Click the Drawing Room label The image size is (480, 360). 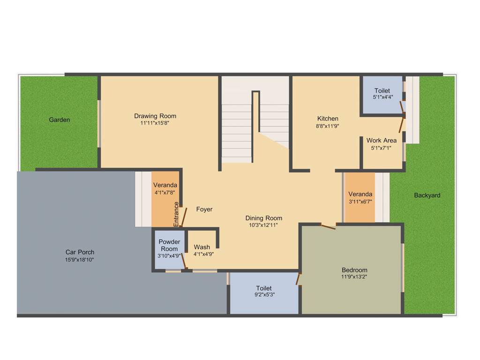pos(155,116)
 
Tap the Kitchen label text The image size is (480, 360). pos(328,119)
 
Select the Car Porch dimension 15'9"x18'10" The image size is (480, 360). pos(80,260)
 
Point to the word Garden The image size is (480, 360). pos(60,120)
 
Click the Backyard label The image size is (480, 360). pos(427,195)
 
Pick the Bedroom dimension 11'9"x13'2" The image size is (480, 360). pos(354,277)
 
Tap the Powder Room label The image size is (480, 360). pos(169,245)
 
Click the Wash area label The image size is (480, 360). pos(202,247)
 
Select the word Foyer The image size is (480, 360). pos(204,210)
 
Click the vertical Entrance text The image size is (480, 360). pos(176,214)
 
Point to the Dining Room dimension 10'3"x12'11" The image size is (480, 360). pos(263,225)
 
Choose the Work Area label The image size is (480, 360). pos(382,141)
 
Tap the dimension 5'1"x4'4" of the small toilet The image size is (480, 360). pos(382,97)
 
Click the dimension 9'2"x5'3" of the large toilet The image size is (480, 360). pos(264,295)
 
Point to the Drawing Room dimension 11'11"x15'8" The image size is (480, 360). pos(155,123)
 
